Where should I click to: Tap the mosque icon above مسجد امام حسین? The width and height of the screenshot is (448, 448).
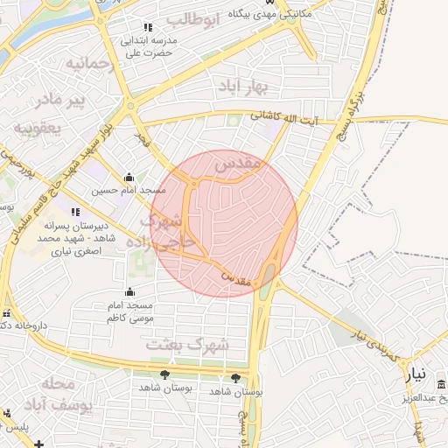(129, 176)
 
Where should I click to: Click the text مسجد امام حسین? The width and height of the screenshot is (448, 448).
(127, 190)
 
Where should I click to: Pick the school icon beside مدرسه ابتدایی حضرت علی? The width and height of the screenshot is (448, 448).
(147, 27)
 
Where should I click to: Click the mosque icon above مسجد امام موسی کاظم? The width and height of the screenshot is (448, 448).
(130, 291)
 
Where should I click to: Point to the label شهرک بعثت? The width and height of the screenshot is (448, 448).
(187, 345)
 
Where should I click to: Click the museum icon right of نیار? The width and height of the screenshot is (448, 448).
(439, 386)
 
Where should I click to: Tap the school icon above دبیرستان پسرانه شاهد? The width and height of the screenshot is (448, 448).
(76, 211)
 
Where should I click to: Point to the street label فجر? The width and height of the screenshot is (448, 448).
(143, 137)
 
